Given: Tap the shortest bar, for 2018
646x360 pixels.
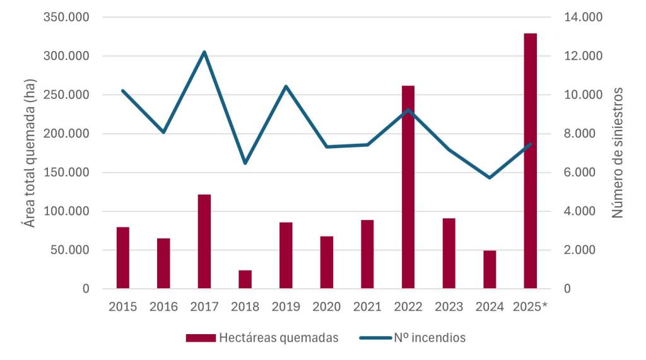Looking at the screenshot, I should tap(245, 279).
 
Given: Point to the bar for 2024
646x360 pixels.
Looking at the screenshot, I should tap(490, 270).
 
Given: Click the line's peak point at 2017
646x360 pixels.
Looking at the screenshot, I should tap(204, 52).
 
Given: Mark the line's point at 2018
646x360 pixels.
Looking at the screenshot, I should tap(245, 163).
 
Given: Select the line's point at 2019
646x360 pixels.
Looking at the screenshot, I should tap(286, 86).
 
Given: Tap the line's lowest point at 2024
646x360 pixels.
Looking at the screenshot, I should tap(490, 178).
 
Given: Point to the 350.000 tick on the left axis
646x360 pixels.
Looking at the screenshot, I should tap(66, 17).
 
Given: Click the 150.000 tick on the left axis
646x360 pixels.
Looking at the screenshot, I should tap(66, 173).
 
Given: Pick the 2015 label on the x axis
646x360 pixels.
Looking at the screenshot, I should tap(123, 307).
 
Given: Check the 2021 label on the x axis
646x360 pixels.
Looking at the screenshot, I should tap(367, 307).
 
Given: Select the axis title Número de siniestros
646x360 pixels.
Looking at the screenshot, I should tap(618, 153).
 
